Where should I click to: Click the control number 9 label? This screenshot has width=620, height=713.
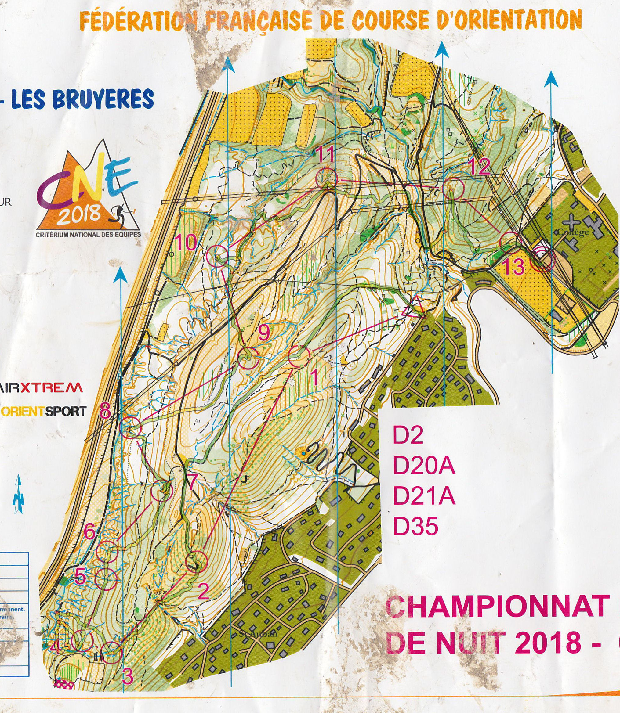264,333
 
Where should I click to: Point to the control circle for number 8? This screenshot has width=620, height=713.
131,428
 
